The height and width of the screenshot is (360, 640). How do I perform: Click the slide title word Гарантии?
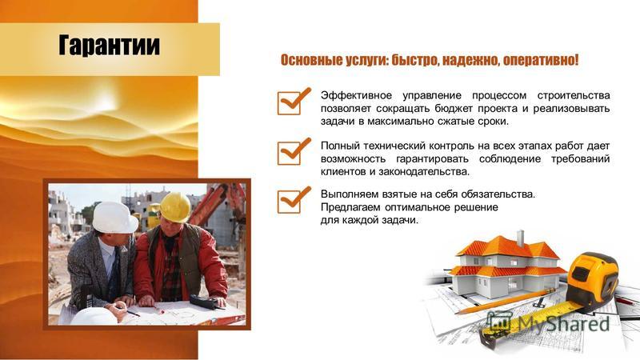[x=109, y=45]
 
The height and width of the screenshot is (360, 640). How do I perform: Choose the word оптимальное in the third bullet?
[x=418, y=207]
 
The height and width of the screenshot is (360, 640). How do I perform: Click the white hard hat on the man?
[x=114, y=218]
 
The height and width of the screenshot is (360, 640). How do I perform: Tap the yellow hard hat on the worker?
[x=174, y=208]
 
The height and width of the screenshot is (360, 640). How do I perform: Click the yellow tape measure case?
[x=593, y=282]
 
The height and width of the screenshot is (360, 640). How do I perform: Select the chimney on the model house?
[x=520, y=238]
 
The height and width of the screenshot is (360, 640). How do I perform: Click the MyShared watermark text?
[x=563, y=324]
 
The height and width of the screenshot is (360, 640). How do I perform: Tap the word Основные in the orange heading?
[x=311, y=61]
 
